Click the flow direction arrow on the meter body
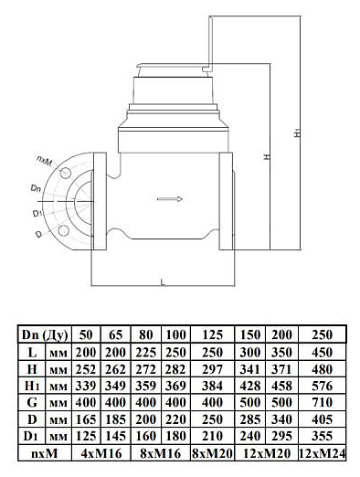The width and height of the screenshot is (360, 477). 170,199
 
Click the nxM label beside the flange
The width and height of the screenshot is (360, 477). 44,160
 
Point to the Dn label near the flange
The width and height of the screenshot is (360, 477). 36,189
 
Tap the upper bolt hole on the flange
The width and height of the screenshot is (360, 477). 64,174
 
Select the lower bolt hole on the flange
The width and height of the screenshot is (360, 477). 63,230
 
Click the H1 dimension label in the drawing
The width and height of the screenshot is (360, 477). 299,133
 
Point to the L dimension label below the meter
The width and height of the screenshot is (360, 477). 163,282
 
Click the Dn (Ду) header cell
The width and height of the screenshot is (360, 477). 45,334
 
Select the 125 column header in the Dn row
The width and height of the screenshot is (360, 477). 212,334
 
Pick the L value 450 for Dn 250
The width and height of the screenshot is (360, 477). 322,353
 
